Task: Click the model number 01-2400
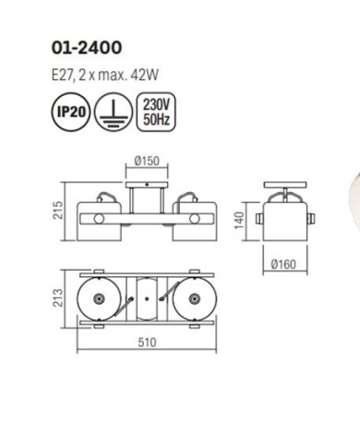[x=87, y=48]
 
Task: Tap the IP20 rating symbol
[x=71, y=112]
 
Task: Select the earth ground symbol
[x=114, y=112]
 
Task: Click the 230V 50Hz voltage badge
[x=156, y=112]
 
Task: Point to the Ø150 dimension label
[x=147, y=161]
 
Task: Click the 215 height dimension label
[x=58, y=211]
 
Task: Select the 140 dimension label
[x=239, y=221]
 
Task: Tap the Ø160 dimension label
[x=283, y=264]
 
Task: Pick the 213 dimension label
[x=58, y=297]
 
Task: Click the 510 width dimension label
[x=147, y=343]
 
